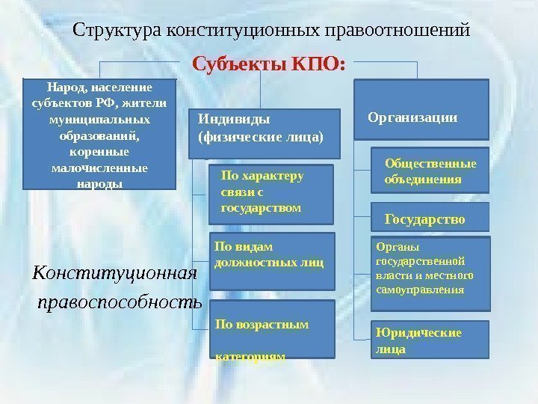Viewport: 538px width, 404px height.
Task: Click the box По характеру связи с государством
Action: coord(270,193)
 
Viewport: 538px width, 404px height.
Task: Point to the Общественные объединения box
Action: coord(430,172)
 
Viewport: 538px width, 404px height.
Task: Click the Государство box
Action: coord(430,218)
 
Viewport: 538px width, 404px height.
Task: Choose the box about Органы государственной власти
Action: coord(431,273)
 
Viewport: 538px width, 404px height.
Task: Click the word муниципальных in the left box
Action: coord(99,120)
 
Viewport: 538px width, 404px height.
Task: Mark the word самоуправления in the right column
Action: coord(419,290)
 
